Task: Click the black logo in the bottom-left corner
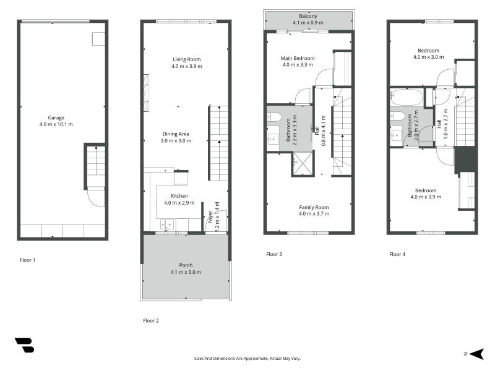pos(24,345)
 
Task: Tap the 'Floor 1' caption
pos(27,260)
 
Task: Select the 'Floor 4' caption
pos(398,254)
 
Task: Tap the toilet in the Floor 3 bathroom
pos(275,117)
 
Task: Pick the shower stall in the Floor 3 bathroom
pos(302,164)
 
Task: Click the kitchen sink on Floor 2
pos(166,224)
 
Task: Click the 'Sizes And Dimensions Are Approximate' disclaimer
pos(247,358)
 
